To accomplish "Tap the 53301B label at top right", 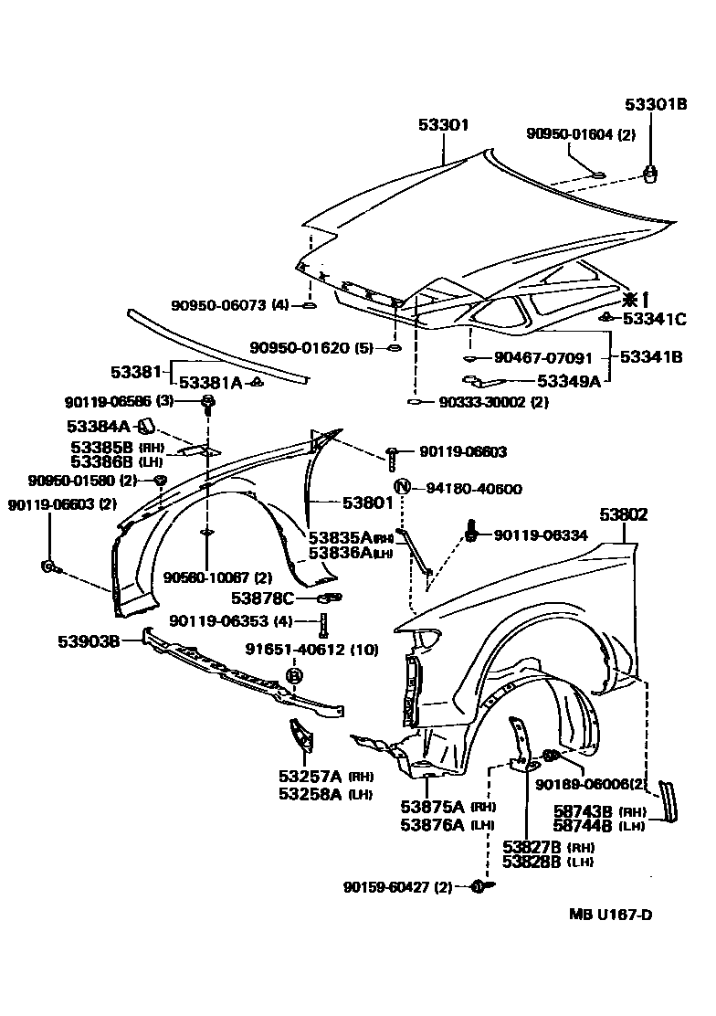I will (x=656, y=105).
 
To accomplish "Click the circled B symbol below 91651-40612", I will (x=295, y=675).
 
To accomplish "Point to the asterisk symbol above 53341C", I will (x=629, y=298).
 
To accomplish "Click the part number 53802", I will (x=624, y=515).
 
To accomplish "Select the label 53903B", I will (x=91, y=640).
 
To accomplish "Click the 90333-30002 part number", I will (x=481, y=402).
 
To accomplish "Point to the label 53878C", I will (x=262, y=598).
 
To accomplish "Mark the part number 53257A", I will (x=310, y=777).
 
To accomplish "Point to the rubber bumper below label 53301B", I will (x=651, y=173).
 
